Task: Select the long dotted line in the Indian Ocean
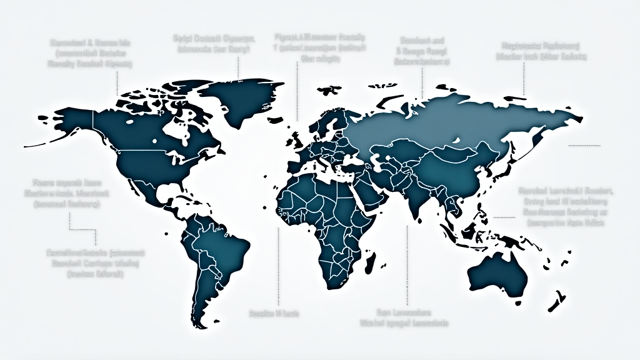(407, 262)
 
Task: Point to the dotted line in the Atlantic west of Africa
(277, 262)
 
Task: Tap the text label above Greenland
(214, 44)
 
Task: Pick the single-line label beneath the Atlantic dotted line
(274, 312)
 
